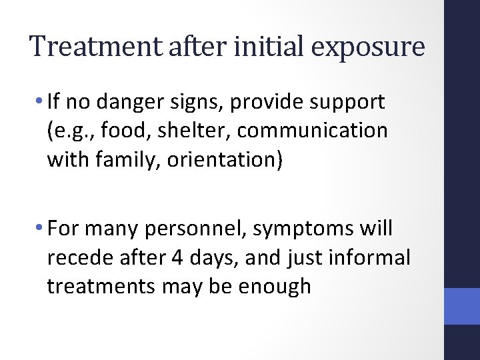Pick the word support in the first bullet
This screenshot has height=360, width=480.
click(351, 104)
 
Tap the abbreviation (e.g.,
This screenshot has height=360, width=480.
click(73, 131)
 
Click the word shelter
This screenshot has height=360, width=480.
click(193, 130)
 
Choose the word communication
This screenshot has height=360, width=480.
click(311, 131)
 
